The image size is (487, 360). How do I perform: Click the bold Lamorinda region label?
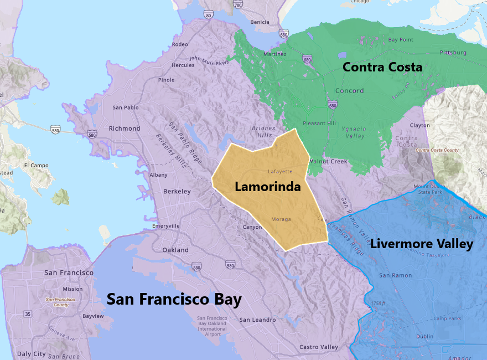tap(267, 187)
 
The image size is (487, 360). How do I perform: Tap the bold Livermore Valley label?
tap(422, 244)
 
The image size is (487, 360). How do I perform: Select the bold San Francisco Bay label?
tap(174, 300)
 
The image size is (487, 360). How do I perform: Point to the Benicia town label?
tap(260, 22)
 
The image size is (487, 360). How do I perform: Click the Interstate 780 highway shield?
tap(238, 4)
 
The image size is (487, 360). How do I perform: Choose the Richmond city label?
tap(125, 128)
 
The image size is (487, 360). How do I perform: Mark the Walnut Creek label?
tap(328, 162)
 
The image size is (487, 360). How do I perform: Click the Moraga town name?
tap(281, 219)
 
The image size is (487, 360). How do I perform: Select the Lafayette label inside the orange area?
tap(279, 172)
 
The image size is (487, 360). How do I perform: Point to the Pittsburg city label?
tap(453, 53)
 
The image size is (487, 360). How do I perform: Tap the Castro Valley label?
tap(318, 347)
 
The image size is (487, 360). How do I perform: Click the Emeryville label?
tap(166, 226)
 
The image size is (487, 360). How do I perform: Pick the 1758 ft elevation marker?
tap(378, 303)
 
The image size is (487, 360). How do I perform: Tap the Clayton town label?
tap(420, 126)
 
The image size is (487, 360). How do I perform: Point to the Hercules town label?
tap(183, 65)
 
